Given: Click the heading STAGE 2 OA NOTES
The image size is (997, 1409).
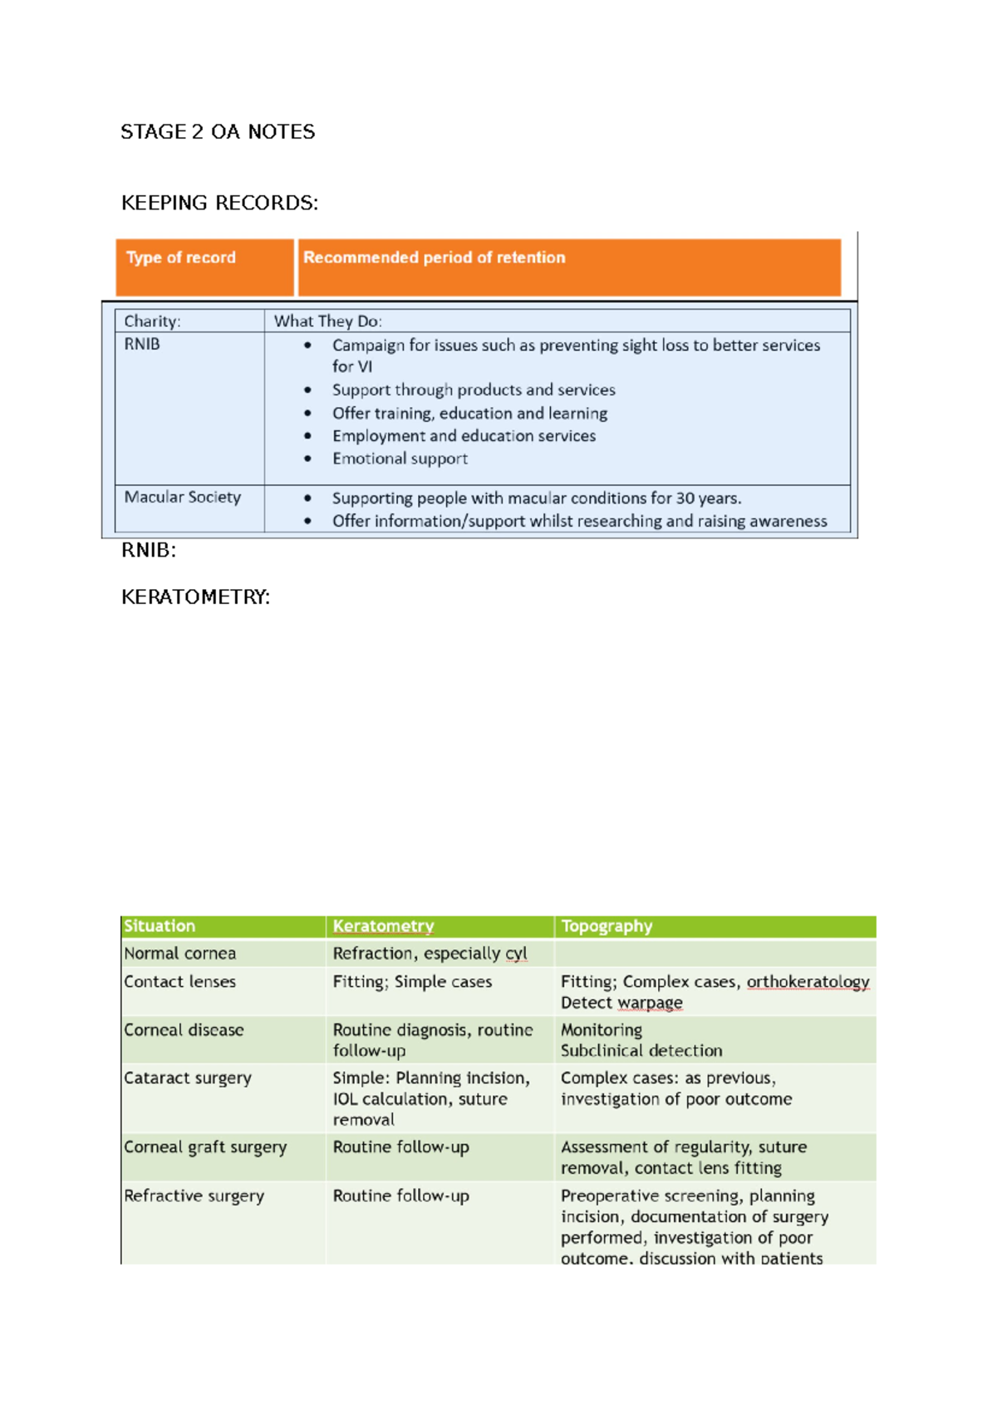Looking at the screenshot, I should (218, 132).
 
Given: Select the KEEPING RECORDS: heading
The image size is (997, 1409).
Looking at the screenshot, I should (219, 204).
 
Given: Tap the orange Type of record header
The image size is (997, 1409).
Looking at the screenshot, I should (181, 258).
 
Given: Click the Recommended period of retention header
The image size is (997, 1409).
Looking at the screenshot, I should (434, 258).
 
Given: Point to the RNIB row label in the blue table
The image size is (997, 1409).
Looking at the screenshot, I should (142, 344).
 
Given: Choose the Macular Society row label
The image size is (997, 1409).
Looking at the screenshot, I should (182, 497).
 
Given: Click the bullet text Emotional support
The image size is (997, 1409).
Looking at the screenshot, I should (400, 459).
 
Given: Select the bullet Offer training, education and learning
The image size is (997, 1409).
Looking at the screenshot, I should (469, 414).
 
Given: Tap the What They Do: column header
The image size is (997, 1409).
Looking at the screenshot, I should (327, 322).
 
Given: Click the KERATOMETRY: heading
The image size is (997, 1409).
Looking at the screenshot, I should (195, 597).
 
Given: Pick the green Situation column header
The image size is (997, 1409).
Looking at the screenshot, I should (160, 926).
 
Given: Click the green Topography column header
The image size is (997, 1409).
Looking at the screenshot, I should (607, 926).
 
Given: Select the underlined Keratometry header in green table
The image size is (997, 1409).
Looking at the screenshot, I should (383, 926).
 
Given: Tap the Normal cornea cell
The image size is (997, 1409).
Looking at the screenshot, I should (180, 954).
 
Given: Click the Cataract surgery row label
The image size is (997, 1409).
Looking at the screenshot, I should (188, 1078).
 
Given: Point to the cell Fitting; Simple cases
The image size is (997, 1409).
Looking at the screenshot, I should (412, 982).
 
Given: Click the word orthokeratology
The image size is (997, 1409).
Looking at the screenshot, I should (808, 982).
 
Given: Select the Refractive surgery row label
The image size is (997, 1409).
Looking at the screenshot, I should (194, 1196).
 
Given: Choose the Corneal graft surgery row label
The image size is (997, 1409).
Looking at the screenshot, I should (205, 1147).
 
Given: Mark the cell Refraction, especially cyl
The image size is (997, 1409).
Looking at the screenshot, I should (430, 954).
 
